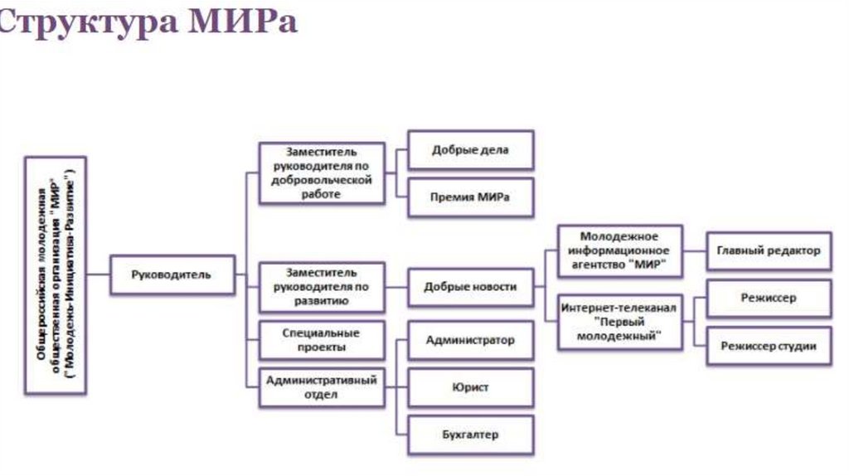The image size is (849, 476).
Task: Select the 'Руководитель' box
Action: click(172, 274)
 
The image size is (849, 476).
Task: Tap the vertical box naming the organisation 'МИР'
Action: click(56, 274)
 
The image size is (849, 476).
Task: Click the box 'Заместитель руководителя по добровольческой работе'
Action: click(322, 173)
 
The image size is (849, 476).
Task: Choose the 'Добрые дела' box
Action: click(470, 151)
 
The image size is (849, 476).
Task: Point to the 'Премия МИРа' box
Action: click(470, 197)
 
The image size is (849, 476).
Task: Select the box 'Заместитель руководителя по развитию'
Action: click(322, 287)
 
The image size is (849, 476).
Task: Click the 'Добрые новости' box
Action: click(470, 287)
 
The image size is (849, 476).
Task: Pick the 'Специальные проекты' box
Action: click(322, 339)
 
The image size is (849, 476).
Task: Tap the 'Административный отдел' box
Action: click(322, 386)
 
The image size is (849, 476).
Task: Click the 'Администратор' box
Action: click(470, 340)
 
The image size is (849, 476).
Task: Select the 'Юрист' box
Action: click(470, 387)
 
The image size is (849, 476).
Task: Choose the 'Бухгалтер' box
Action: click(470, 434)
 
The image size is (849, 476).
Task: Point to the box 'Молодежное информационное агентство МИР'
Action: click(619, 250)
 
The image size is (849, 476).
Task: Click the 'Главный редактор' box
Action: click(769, 250)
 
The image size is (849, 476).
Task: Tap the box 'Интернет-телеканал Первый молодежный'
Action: click(619, 322)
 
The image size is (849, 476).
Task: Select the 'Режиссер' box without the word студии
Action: click(769, 298)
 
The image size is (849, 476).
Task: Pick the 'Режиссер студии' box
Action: click(769, 346)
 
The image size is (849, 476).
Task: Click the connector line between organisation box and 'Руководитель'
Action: click(99, 274)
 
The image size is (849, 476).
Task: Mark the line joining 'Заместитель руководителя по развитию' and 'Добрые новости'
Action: click(396, 287)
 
